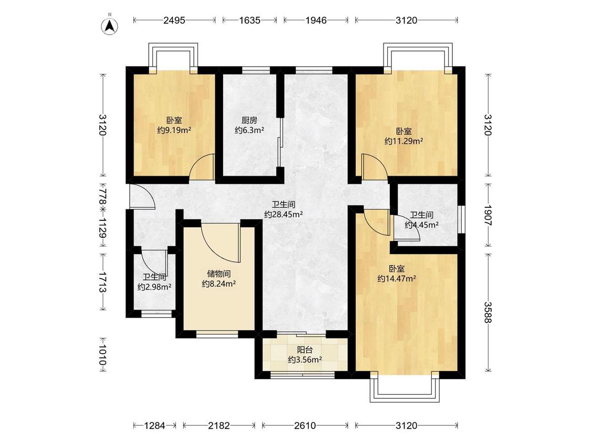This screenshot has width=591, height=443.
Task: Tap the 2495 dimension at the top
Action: pos(174,20)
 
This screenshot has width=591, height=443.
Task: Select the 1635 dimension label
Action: pos(250,20)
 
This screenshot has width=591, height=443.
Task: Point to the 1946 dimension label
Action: pos(316,20)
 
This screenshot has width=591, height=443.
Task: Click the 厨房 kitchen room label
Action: pos(250,121)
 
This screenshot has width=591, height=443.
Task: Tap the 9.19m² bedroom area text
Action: pos(174,130)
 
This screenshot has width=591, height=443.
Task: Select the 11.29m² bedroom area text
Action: pos(403,141)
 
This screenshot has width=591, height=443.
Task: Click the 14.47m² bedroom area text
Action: pos(397,279)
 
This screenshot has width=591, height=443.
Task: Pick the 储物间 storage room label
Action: pos(219,274)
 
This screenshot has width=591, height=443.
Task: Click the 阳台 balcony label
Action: pos(305,350)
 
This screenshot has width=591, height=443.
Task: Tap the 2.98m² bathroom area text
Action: pos(154,287)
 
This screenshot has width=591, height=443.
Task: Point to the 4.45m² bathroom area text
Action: pos(421,225)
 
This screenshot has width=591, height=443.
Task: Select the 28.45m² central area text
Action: pos(284,214)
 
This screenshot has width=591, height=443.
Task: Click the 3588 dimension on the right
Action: pos(488,312)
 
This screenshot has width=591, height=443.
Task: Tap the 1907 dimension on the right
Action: pos(488,215)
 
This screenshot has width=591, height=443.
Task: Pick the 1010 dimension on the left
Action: pos(102,355)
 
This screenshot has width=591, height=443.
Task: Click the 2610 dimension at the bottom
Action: pos(305,426)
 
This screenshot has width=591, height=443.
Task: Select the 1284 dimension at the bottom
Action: pos(154,426)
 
